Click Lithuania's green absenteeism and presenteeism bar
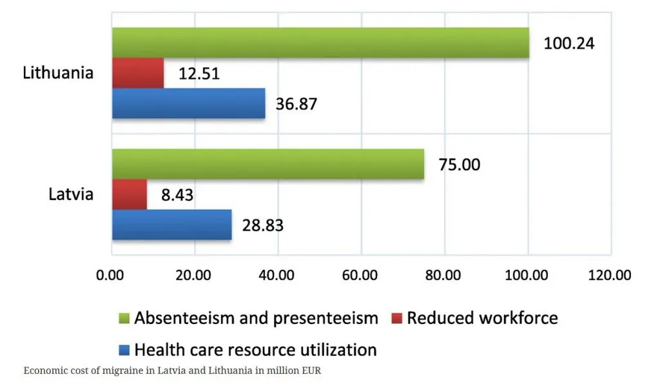point(320,43)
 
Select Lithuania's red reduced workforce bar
point(138,73)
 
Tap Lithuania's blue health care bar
point(189,103)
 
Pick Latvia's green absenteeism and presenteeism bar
point(268,164)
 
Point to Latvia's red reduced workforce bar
point(130,194)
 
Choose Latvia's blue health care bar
point(171,225)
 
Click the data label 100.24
point(569,43)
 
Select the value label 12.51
point(199,74)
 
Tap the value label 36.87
point(296,104)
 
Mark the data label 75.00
point(459,165)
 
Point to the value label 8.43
point(177,195)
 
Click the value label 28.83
point(263,225)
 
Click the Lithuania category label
point(58,73)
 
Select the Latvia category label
point(71,194)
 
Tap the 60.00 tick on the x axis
point(360,275)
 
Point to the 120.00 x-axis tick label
point(610,275)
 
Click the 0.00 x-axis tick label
point(110,275)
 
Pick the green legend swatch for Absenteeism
point(124,318)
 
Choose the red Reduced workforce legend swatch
point(396,318)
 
